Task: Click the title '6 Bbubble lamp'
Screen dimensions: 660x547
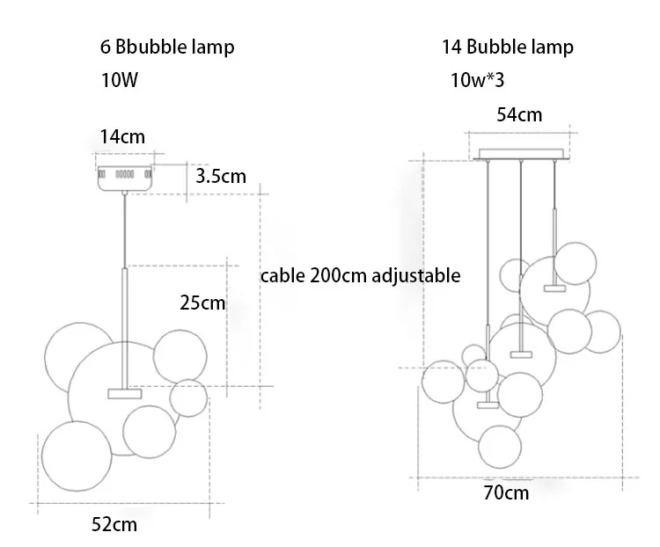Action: (167, 47)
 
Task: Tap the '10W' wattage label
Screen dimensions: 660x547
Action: (121, 81)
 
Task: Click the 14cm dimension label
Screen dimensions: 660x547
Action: (123, 136)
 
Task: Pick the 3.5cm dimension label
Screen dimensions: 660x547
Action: (221, 176)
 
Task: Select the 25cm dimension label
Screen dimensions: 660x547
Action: (202, 303)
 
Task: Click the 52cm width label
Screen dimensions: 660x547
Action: (114, 525)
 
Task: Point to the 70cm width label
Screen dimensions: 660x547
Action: (507, 492)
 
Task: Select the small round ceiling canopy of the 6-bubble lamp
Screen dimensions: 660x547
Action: (125, 176)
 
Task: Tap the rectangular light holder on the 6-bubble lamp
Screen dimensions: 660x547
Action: (124, 392)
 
